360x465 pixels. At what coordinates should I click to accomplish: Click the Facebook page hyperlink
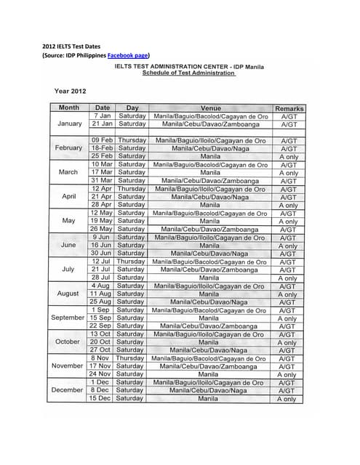tap(129, 55)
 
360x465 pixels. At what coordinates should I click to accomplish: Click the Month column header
tap(69, 108)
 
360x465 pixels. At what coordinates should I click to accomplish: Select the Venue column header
tap(210, 108)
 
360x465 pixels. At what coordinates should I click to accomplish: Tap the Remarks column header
tap(289, 108)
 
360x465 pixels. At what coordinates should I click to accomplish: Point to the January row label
tap(69, 124)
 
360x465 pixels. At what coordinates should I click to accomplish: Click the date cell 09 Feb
tap(102, 140)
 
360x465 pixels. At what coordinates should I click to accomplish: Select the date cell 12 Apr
tap(102, 189)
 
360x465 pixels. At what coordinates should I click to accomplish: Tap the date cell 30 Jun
tap(102, 254)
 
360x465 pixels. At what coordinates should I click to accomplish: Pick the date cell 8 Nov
tap(102, 358)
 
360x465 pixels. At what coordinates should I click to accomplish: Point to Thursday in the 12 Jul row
tap(132, 262)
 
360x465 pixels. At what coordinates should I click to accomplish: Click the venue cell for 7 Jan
tap(210, 116)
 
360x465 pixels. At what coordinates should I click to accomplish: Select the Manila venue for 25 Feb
tap(210, 156)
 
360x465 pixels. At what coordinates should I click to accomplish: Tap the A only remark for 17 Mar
tap(289, 173)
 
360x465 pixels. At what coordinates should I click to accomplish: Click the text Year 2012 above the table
tap(71, 92)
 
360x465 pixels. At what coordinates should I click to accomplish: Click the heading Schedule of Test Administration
tap(188, 73)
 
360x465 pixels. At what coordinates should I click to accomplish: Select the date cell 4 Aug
tap(102, 286)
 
